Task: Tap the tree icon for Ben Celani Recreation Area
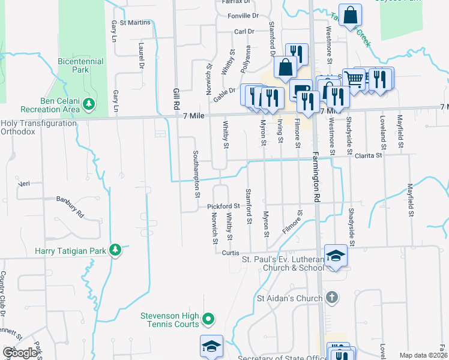[x=89, y=105]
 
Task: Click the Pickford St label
[x=223, y=206]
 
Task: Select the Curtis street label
[x=231, y=253]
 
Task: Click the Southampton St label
[x=196, y=174]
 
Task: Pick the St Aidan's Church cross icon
[x=332, y=298]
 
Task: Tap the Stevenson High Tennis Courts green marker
[x=208, y=319]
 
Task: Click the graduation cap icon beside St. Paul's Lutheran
[x=336, y=256]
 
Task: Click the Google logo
[x=20, y=353]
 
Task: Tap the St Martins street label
[x=134, y=23]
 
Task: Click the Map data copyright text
[x=423, y=355]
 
